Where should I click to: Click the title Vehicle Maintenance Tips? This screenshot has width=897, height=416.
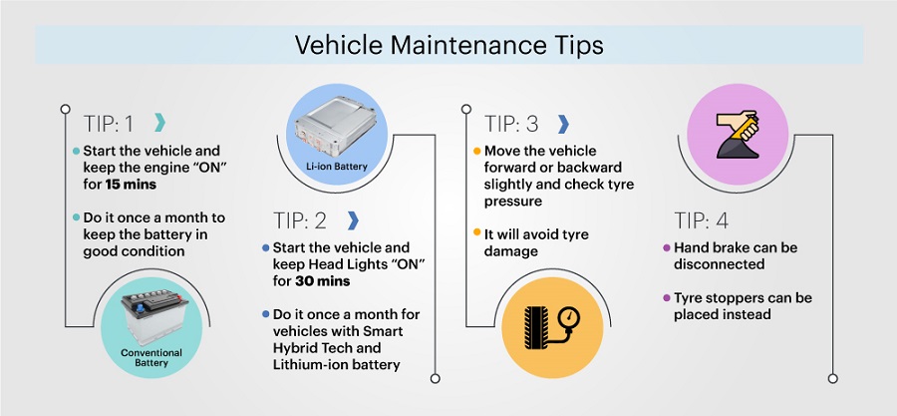tap(449, 45)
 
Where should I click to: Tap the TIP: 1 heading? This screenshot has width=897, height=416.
tap(108, 124)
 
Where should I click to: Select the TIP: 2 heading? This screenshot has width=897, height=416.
tap(300, 220)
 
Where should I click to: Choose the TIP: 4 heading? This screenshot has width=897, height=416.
tap(701, 220)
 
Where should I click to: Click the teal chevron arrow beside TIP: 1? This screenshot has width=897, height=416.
tap(159, 123)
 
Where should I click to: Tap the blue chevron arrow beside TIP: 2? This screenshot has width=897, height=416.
tap(353, 220)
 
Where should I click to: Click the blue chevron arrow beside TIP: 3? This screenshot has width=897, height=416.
tap(563, 124)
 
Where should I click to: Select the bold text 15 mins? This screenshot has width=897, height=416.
tap(131, 185)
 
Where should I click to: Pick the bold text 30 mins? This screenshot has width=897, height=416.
tap(323, 281)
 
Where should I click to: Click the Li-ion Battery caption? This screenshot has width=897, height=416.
tap(337, 167)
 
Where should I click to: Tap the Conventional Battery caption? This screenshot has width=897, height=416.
tap(151, 357)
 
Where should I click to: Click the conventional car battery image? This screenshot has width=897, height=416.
tap(153, 317)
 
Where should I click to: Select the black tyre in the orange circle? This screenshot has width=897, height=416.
tap(535, 327)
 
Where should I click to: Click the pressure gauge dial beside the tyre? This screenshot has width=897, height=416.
tap(569, 317)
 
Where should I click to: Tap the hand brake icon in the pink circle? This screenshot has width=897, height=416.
tap(738, 135)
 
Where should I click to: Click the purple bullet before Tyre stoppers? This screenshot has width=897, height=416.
tap(666, 298)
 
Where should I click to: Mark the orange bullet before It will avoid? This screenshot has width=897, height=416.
tap(476, 233)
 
